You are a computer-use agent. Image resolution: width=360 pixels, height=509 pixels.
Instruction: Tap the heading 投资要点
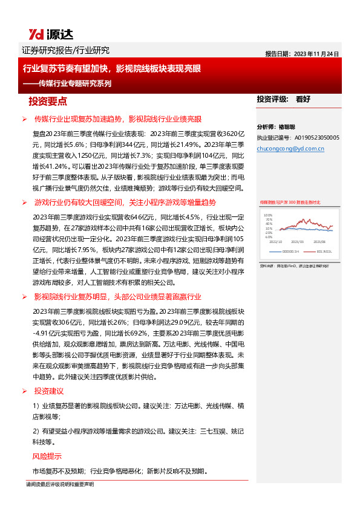pyautogui.click(x=48, y=101)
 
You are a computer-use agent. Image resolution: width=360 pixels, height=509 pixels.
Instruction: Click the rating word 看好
pyautogui.click(x=303, y=99)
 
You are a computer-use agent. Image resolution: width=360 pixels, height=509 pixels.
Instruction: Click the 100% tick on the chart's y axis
pyautogui.click(x=268, y=215)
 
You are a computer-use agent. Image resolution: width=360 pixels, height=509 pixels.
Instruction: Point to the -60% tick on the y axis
pyautogui.click(x=268, y=237)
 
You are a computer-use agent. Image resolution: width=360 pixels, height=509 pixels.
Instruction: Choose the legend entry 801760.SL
pyautogui.click(x=326, y=252)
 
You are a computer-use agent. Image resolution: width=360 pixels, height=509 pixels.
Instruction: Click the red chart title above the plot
pyautogui.click(x=290, y=202)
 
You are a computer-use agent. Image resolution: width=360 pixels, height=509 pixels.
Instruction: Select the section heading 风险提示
pyautogui.click(x=47, y=456)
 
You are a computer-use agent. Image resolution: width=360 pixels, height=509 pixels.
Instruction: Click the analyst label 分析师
pyautogui.click(x=267, y=128)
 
